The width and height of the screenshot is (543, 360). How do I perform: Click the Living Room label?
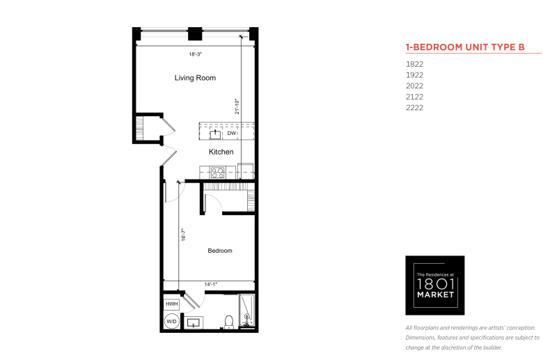coord(195,78)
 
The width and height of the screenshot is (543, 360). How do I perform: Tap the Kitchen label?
coord(221,152)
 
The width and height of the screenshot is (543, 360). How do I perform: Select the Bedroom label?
coord(220,251)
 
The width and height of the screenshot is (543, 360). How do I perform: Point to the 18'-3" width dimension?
coord(196,54)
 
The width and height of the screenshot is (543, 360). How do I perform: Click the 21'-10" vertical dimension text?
coord(237,107)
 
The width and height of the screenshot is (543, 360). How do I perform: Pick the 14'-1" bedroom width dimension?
coord(210,284)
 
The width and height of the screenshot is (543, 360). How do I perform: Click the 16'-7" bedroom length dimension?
coord(184,235)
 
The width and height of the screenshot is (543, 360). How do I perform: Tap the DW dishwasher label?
coord(232,134)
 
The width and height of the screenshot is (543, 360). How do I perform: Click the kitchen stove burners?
coord(218,173)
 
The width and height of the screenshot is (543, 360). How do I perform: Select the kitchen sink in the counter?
coord(215,134)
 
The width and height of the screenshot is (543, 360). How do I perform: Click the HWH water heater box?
coord(172,304)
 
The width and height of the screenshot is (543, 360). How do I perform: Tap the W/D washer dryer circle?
coord(171,321)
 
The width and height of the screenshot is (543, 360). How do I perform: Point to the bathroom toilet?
coord(229,322)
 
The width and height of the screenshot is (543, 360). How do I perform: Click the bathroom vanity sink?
coord(194,323)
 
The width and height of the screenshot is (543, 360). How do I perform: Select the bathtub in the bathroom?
coord(247,311)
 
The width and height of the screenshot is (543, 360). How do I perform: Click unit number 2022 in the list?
coord(414,86)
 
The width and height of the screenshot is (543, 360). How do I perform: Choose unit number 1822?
coord(414,64)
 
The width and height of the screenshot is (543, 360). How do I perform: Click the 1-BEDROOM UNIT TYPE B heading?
coord(465,47)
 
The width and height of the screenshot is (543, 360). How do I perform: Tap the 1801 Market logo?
coord(435,285)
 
